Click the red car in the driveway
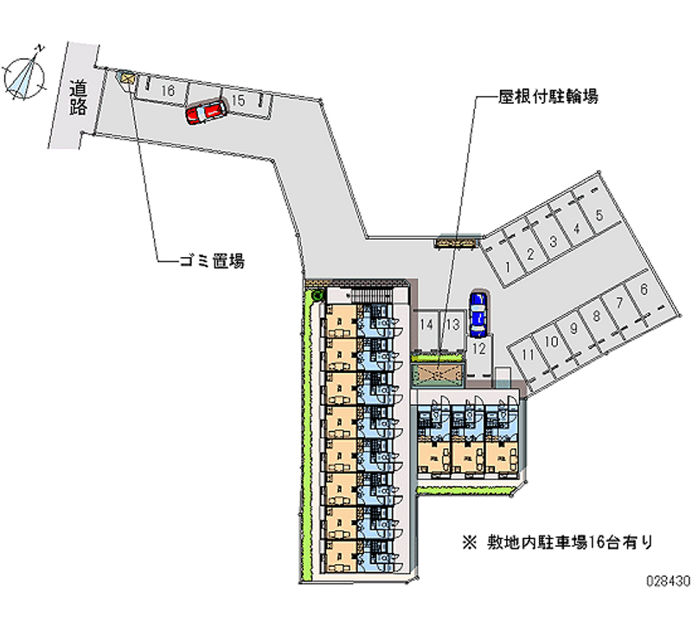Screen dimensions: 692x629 [205, 112]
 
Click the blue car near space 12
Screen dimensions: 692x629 [477, 313]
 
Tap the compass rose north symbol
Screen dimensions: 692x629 [24, 75]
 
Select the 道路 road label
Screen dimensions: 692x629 [79, 96]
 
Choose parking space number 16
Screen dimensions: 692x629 [168, 90]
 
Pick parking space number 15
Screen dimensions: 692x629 [240, 102]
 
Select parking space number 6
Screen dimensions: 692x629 [643, 291]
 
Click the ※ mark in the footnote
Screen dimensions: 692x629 [470, 543]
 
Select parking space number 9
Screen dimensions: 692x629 [573, 329]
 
